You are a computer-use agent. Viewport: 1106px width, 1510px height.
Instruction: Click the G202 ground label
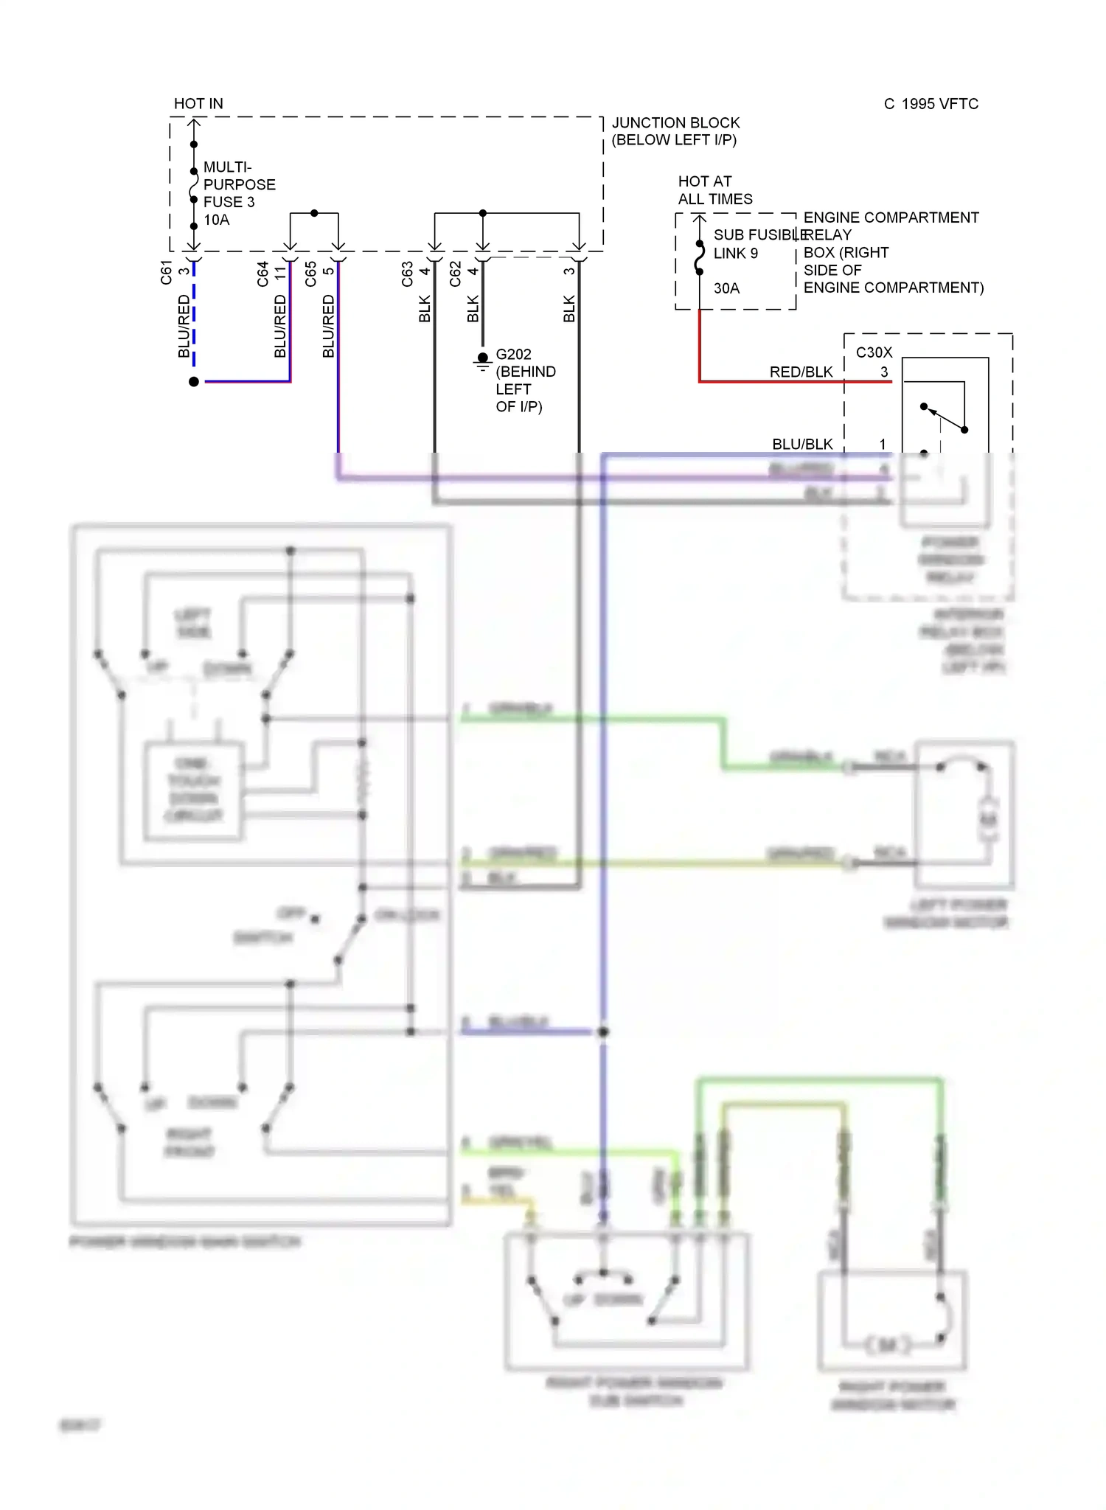pyautogui.click(x=513, y=355)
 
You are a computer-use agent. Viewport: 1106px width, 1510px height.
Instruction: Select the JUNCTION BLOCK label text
pyautogui.click(x=675, y=123)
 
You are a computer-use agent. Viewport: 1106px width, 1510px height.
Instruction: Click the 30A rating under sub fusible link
pyautogui.click(x=726, y=288)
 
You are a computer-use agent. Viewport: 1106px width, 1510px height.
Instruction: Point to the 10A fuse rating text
pyautogui.click(x=217, y=220)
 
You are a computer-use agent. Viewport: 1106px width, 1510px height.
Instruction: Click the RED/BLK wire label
pyautogui.click(x=801, y=372)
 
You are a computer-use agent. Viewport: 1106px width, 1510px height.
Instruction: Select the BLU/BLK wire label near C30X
pyautogui.click(x=802, y=444)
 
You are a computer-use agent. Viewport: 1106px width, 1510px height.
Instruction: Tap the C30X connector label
pyautogui.click(x=874, y=352)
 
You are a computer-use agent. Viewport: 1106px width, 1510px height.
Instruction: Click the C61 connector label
pyautogui.click(x=167, y=272)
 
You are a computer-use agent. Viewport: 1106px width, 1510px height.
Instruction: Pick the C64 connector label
pyautogui.click(x=263, y=274)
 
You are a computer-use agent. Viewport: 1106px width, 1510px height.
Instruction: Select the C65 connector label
pyautogui.click(x=311, y=274)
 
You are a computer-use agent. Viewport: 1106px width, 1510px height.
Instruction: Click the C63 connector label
pyautogui.click(x=408, y=274)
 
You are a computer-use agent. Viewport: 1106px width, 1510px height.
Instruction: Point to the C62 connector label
pyautogui.click(x=456, y=274)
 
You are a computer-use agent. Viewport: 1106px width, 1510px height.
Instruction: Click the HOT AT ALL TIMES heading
pyautogui.click(x=714, y=190)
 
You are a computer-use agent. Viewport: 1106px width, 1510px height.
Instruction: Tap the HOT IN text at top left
pyautogui.click(x=198, y=104)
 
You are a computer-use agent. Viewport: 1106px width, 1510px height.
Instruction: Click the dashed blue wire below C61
pyautogui.click(x=194, y=317)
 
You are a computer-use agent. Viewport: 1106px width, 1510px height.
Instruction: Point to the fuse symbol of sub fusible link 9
pyautogui.click(x=700, y=257)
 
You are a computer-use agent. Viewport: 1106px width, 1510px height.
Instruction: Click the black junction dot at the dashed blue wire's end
pyautogui.click(x=194, y=381)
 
